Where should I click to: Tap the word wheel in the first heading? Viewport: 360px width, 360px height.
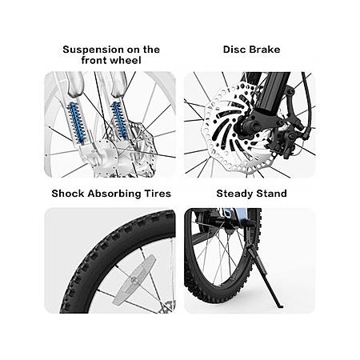click(x=126, y=60)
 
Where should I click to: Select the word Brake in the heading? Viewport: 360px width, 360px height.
click(x=265, y=50)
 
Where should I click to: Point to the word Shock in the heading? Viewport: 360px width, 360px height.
click(x=68, y=194)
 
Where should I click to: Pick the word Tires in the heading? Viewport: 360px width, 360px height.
click(x=158, y=194)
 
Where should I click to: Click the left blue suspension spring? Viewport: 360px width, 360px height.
click(x=77, y=123)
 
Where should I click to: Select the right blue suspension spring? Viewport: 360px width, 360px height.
click(x=119, y=121)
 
